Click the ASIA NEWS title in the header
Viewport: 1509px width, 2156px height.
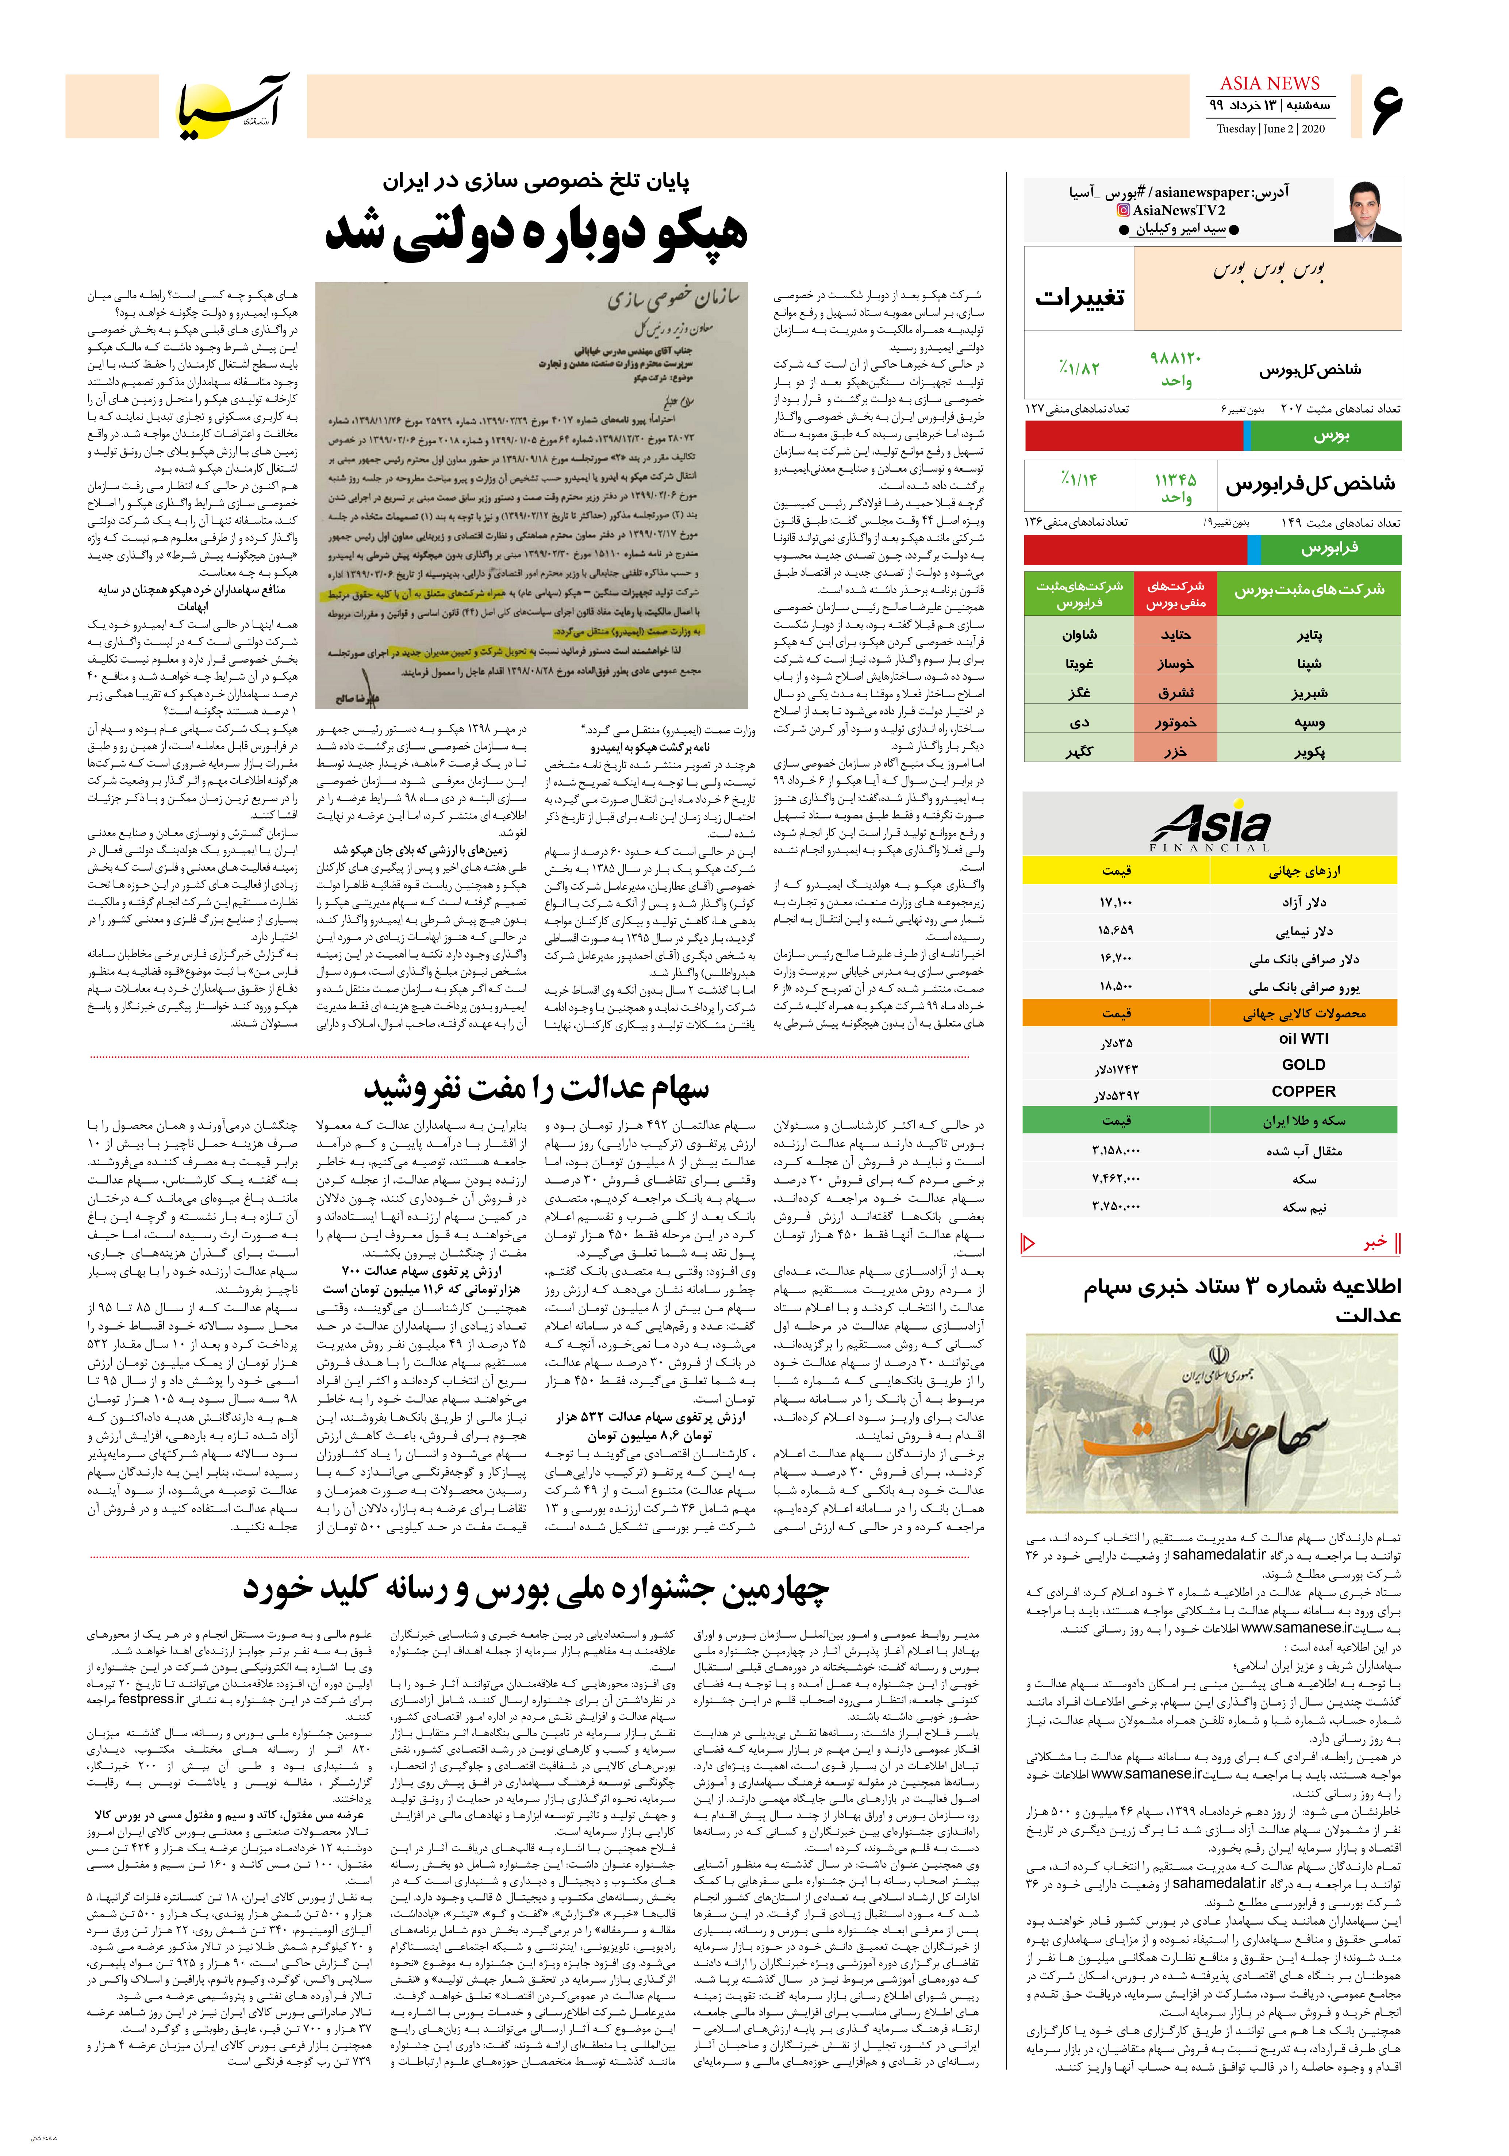(1270, 84)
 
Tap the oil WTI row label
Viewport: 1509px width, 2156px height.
(1303, 1039)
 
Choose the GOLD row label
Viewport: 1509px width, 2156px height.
(1303, 1065)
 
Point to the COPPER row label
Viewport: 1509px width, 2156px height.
(1303, 1091)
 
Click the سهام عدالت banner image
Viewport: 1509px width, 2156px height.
(1212, 1423)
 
